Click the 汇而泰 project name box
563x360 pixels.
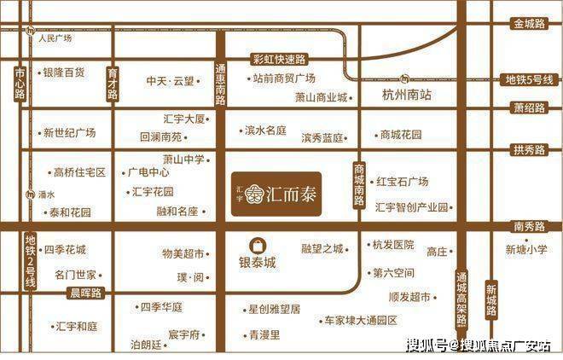[x=276, y=189]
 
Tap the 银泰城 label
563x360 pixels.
[x=258, y=264]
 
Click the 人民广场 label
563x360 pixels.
[x=54, y=38]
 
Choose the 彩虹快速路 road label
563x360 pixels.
[x=279, y=58]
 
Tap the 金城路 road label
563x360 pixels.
[x=530, y=24]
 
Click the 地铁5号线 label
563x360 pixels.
[x=529, y=79]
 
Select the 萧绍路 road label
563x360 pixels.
[x=529, y=107]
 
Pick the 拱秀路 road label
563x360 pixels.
[x=529, y=150]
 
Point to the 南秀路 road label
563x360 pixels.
[x=529, y=226]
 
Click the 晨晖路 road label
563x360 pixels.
[x=84, y=292]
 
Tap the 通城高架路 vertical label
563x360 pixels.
[x=461, y=299]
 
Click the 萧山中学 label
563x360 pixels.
[x=183, y=159]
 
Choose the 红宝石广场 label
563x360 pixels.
[x=402, y=182]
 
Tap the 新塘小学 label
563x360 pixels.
[x=526, y=250]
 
